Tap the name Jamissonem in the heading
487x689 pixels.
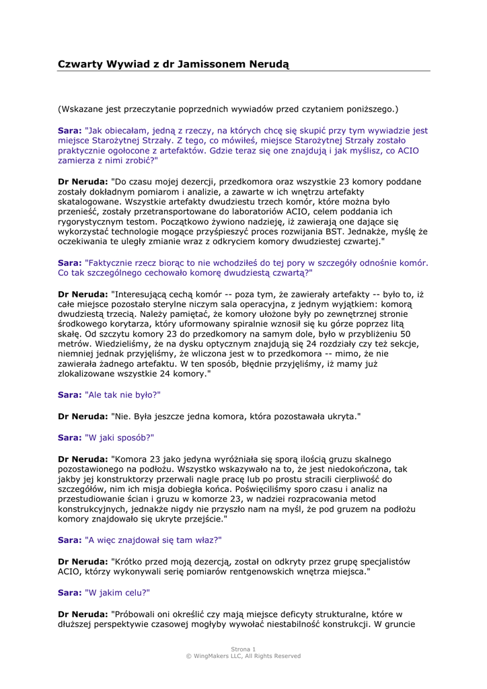207,64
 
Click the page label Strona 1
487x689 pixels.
243,649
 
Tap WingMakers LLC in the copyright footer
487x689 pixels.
223,656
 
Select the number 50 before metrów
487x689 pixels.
406,333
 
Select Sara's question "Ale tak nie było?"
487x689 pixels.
123,394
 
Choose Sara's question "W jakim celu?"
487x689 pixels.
117,593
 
